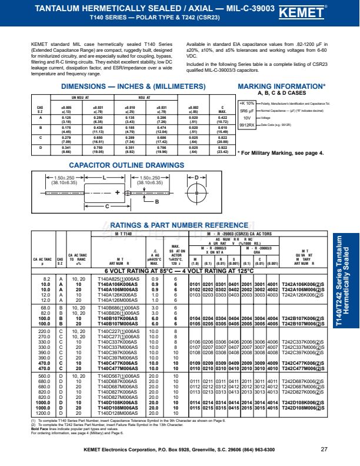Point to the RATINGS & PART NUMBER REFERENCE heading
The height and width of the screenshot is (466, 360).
[x=171, y=225]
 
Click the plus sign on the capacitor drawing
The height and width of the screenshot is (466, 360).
[x=118, y=192]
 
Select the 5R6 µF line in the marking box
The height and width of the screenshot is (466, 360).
[x=246, y=110]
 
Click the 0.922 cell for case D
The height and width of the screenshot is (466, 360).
[x=222, y=148]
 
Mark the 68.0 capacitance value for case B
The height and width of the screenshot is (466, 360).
[x=45, y=308]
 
